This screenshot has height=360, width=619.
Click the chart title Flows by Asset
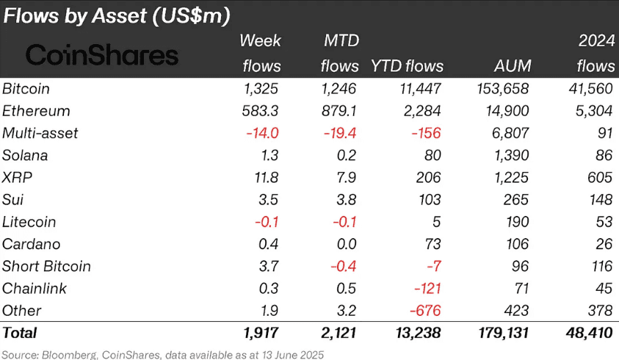click(x=122, y=16)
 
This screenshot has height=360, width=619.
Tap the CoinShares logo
click(x=102, y=54)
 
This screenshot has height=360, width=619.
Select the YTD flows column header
click(x=408, y=66)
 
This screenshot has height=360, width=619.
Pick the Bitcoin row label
click(x=26, y=89)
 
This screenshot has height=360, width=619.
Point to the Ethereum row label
click(x=36, y=111)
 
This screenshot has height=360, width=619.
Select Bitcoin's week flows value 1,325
click(x=261, y=89)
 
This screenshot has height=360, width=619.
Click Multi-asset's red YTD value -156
click(x=424, y=133)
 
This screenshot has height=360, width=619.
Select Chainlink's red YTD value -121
click(x=426, y=288)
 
